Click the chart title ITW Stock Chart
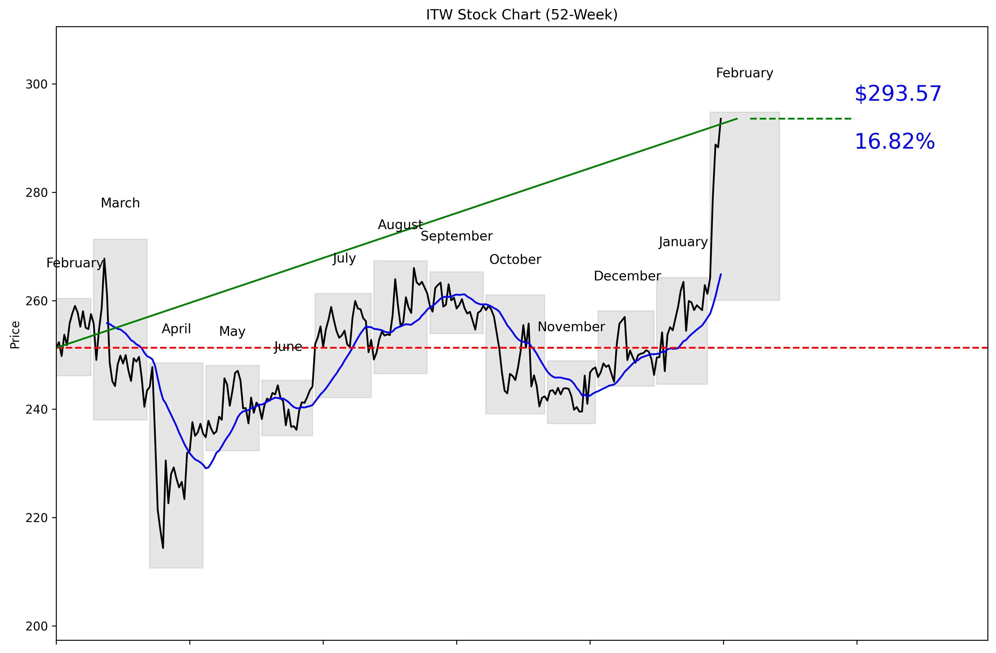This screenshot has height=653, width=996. [x=522, y=15]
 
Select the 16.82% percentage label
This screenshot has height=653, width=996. [x=894, y=141]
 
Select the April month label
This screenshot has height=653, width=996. [x=176, y=329]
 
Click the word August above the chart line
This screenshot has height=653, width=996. [x=400, y=225]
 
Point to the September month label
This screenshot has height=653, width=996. [x=456, y=236]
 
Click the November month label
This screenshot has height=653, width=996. [x=571, y=327]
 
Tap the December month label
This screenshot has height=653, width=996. [x=627, y=276]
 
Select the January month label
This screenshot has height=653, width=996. [x=683, y=242]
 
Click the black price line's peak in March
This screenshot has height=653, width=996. [x=104, y=259]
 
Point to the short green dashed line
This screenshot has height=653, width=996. [x=802, y=119]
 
